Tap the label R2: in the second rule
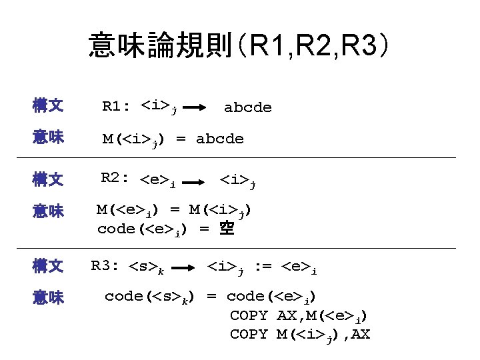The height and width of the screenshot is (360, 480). point(116,178)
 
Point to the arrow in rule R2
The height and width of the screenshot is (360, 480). point(194,181)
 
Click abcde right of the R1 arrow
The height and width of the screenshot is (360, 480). point(248,107)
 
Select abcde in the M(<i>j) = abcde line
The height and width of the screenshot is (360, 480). point(220,139)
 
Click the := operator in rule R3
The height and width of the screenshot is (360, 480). point(265,268)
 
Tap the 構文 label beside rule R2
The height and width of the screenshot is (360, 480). point(48,179)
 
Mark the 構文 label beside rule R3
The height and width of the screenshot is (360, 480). point(48,267)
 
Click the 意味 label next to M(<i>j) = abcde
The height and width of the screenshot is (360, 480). point(48,139)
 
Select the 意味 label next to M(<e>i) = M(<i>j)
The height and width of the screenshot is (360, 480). point(48,211)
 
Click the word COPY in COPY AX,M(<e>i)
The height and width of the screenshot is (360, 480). point(249,315)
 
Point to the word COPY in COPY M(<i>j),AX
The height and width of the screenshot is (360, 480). point(249,333)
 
